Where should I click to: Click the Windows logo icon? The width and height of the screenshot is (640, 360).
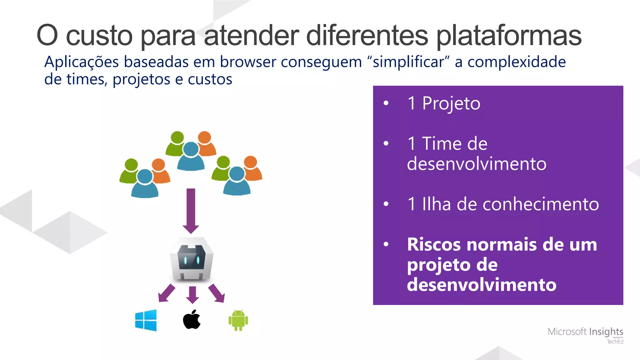point(146,320)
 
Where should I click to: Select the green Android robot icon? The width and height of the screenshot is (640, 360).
point(238,320)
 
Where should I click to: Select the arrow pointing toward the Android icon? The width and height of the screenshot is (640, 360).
point(217,293)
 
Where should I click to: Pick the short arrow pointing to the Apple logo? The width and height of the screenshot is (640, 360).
point(192,295)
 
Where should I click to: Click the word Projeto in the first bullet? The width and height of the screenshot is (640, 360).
point(451,104)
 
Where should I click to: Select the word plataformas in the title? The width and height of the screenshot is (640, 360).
point(508,36)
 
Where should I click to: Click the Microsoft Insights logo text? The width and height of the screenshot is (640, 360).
point(585,332)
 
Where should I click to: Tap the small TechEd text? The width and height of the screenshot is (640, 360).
point(615,342)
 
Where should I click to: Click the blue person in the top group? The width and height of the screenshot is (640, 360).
point(191,156)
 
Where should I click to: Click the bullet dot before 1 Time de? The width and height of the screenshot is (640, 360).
point(386,143)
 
